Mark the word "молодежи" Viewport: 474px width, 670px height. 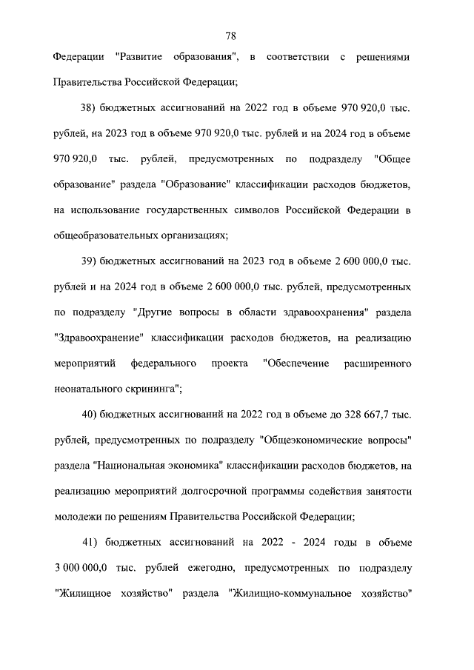(76, 517)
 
